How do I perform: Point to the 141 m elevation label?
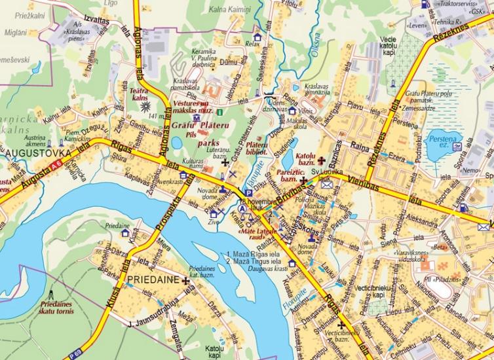click(x=156, y=117)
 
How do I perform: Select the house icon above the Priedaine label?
click(x=124, y=232)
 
